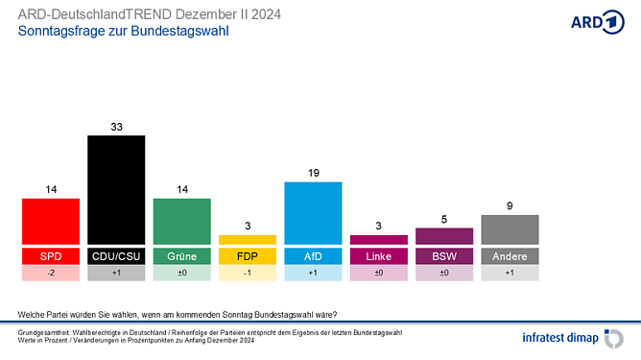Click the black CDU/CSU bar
116,189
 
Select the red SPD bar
51,221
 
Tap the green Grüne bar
182,221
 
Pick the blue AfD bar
313,212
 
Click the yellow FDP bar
248,239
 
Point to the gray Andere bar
510,229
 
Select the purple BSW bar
444,236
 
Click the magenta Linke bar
379,239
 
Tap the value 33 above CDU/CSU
116,126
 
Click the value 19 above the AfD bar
313,173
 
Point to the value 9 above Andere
510,205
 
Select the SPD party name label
51,256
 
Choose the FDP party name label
248,256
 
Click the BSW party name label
444,256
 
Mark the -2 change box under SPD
51,274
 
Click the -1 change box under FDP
248,274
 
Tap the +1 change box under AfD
313,274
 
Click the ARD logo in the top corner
597,23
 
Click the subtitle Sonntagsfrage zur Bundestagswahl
124,31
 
